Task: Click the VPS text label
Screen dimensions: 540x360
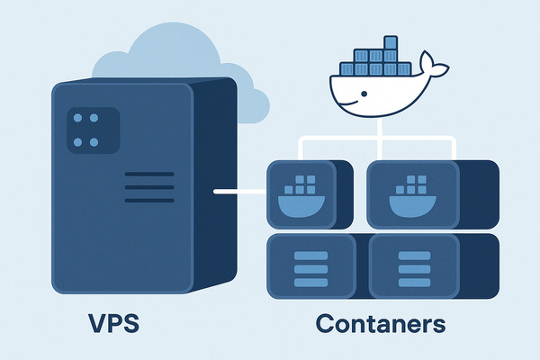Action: (x=113, y=323)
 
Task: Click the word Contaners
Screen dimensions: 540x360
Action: (x=381, y=323)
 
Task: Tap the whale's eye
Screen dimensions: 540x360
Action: (x=364, y=94)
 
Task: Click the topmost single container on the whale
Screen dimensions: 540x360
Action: (x=391, y=42)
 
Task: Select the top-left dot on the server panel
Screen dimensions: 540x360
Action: (x=77, y=118)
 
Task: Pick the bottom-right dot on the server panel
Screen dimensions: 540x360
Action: (x=94, y=142)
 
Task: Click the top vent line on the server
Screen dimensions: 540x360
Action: (x=149, y=175)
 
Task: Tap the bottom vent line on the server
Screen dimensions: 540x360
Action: (x=149, y=201)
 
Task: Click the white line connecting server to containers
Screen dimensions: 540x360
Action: (x=240, y=192)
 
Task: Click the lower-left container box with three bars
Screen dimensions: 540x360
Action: (x=311, y=266)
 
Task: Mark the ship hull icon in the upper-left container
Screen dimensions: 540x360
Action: (x=301, y=207)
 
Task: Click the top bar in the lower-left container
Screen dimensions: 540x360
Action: (x=311, y=256)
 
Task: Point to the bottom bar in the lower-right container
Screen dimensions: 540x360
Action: (x=415, y=283)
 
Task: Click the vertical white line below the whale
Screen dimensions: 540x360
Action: (x=380, y=139)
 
